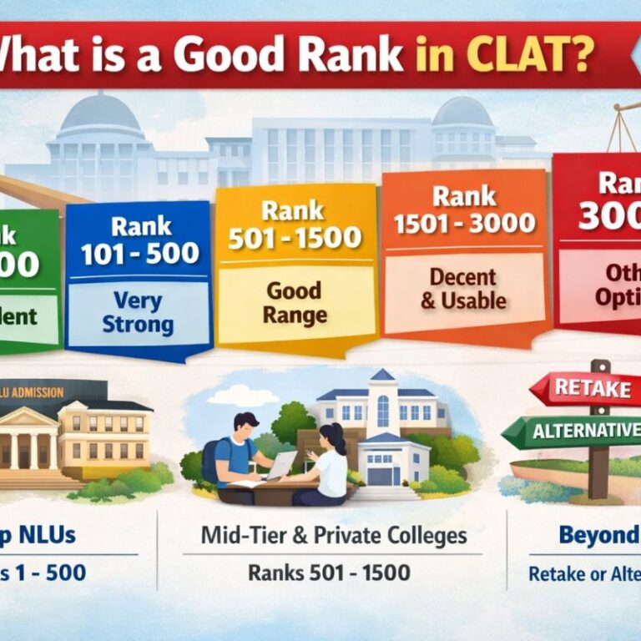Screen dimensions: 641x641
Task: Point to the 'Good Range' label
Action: pyautogui.click(x=293, y=303)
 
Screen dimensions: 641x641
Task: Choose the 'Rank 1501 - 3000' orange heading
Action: pyautogui.click(x=465, y=210)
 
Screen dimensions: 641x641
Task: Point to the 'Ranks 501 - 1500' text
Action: pyautogui.click(x=329, y=573)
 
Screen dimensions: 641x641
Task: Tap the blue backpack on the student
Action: pyautogui.click(x=210, y=460)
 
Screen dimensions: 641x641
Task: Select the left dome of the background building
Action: pyautogui.click(x=101, y=117)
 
